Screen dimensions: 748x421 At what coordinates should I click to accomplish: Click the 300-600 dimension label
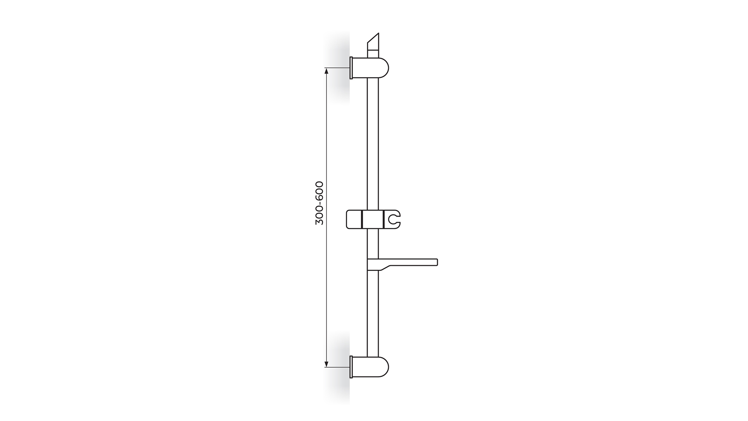pos(319,203)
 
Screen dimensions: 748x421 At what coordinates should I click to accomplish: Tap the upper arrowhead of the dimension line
pos(326,71)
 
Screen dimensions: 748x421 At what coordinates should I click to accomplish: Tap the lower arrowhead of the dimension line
pos(326,364)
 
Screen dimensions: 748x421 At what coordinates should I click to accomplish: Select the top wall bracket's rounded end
pos(384,68)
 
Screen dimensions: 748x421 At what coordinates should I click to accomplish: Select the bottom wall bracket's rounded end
pos(384,367)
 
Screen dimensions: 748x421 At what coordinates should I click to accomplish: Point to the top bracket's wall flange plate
pos(351,68)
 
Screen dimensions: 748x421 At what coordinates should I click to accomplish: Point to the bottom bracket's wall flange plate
pos(351,367)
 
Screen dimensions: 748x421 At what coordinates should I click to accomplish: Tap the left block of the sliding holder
pos(354,219)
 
